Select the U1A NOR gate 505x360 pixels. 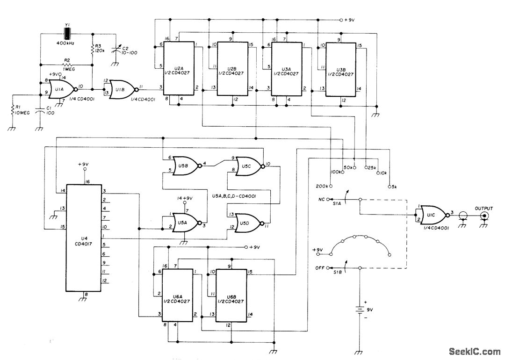[60, 87]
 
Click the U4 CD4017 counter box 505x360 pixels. [84, 237]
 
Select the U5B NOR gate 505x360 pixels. [184, 166]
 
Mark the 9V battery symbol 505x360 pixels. [359, 310]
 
